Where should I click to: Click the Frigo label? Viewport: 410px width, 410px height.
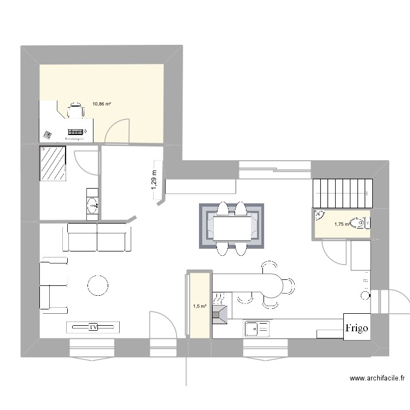click(x=356, y=328)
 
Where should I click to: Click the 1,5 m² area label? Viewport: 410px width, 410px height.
click(x=199, y=306)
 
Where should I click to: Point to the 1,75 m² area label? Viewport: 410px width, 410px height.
click(x=342, y=224)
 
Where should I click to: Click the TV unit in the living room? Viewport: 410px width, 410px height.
click(x=93, y=327)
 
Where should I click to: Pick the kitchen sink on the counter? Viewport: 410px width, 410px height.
click(x=256, y=329)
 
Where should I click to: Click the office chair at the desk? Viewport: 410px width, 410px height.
click(x=75, y=111)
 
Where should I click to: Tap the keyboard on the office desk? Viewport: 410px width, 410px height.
click(x=77, y=132)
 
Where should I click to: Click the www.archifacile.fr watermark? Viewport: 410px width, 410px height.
click(x=377, y=378)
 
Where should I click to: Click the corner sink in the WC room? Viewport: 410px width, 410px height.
click(x=319, y=218)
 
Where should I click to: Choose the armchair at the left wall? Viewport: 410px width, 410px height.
click(x=54, y=286)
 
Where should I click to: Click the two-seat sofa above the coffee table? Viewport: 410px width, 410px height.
click(x=97, y=237)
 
